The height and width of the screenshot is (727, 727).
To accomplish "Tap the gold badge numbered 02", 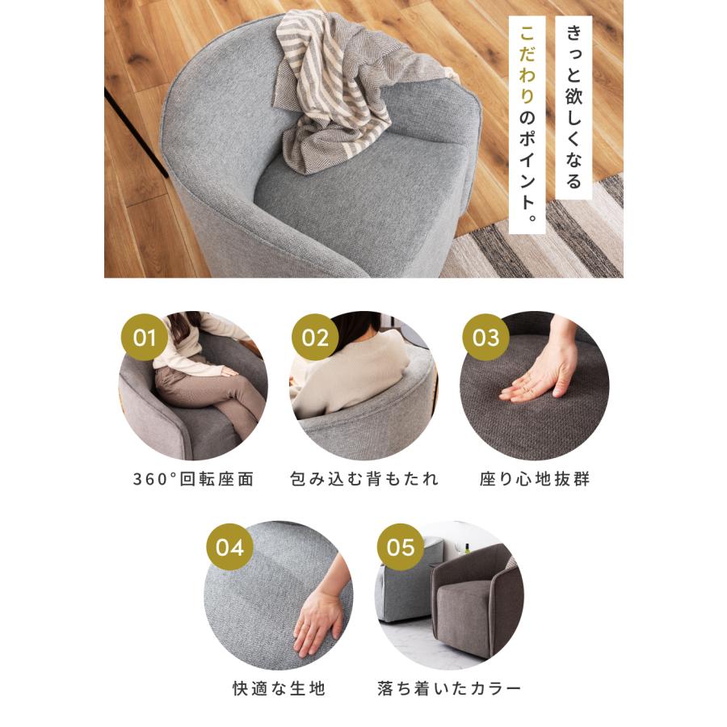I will [x=315, y=337].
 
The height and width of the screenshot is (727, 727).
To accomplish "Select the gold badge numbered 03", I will [x=486, y=337].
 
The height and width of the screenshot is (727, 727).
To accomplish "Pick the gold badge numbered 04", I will [x=229, y=547].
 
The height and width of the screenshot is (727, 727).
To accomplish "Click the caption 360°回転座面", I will [x=193, y=479].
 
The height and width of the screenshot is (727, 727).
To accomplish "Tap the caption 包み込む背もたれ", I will [x=364, y=479].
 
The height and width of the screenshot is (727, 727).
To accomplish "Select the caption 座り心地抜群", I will [x=535, y=479].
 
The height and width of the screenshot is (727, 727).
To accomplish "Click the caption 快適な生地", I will [x=278, y=689].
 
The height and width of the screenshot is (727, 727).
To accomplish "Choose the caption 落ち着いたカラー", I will [x=449, y=689].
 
